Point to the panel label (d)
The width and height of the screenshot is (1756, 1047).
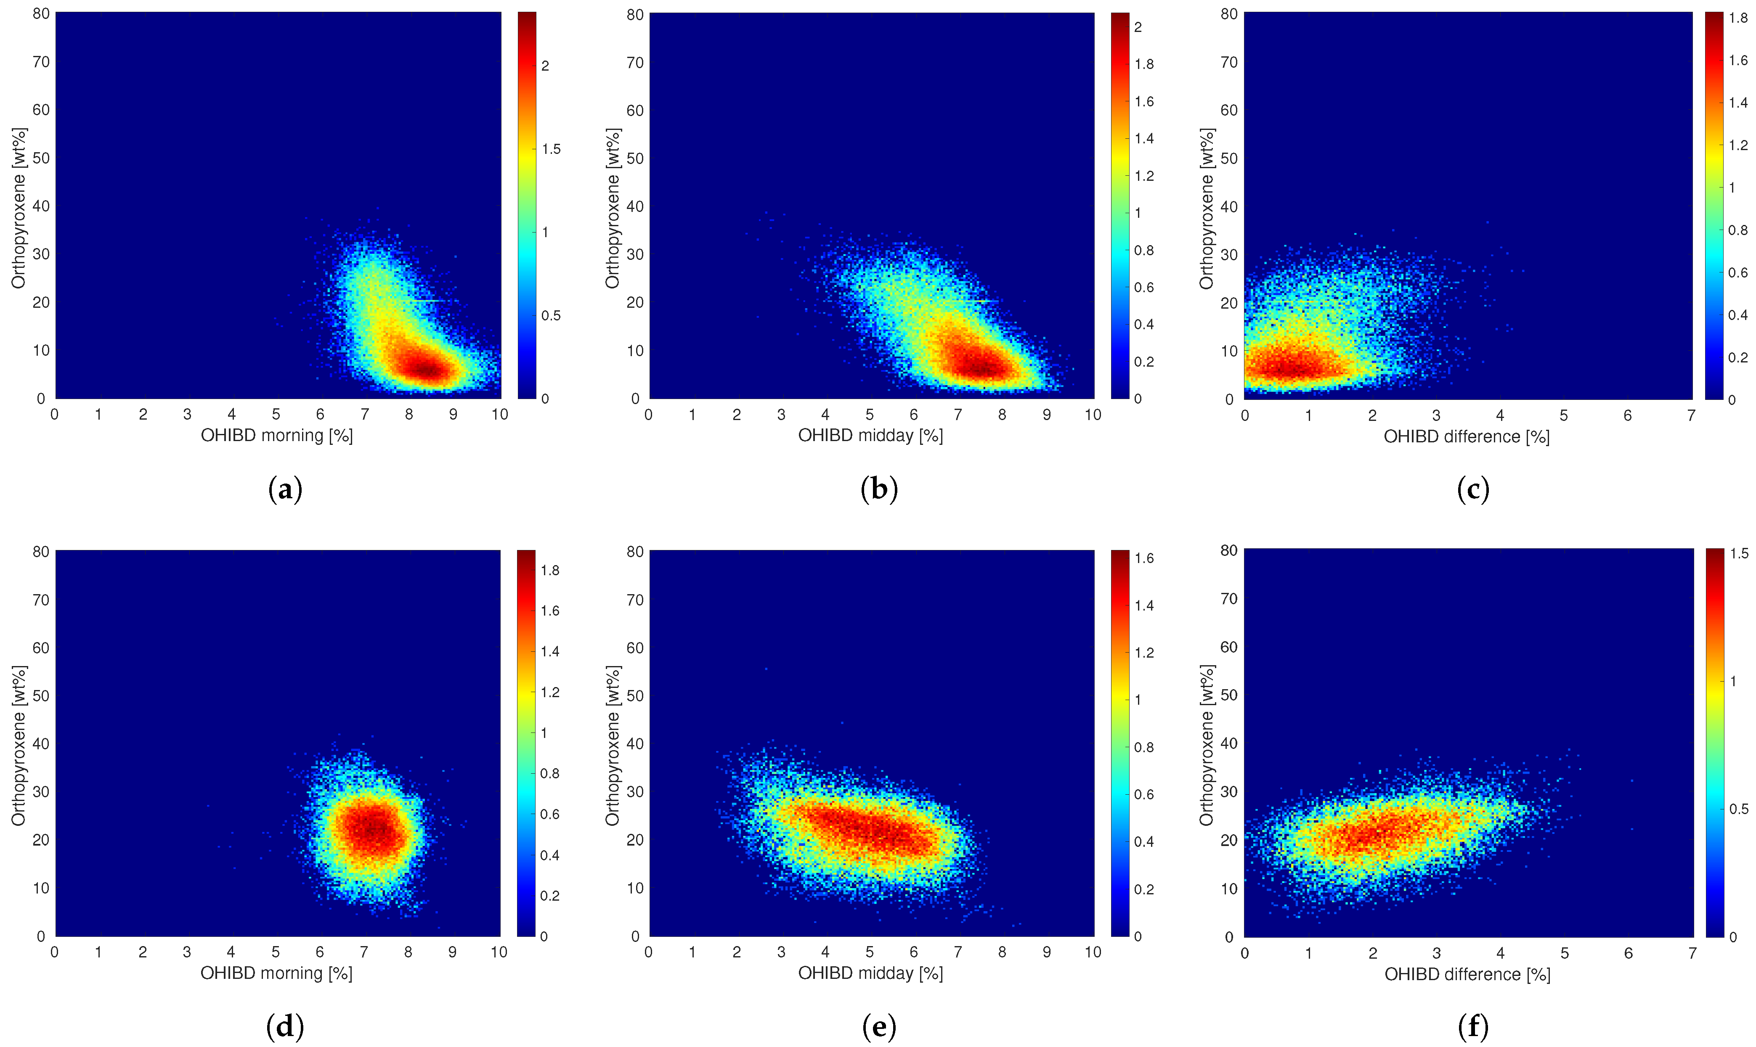[x=285, y=1026]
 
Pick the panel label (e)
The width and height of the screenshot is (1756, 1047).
[x=879, y=1026]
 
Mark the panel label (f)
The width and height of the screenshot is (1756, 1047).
[x=1473, y=1026]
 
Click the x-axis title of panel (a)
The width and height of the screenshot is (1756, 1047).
[x=277, y=435]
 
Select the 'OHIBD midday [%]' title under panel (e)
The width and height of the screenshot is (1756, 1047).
[x=870, y=973]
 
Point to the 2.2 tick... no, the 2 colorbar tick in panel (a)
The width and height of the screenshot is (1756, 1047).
[x=545, y=66]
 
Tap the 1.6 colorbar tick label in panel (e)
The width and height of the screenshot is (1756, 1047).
[x=1144, y=558]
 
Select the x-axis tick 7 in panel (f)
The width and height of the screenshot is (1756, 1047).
[x=1692, y=953]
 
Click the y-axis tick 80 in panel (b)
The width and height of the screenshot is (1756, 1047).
[x=635, y=15]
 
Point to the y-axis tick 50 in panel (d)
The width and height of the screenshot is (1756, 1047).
[x=41, y=695]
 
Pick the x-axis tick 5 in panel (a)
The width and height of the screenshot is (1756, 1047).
[x=276, y=414]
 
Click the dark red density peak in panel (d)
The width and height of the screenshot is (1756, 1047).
[x=374, y=829]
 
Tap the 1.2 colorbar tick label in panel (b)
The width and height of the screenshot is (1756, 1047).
[x=1144, y=176]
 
